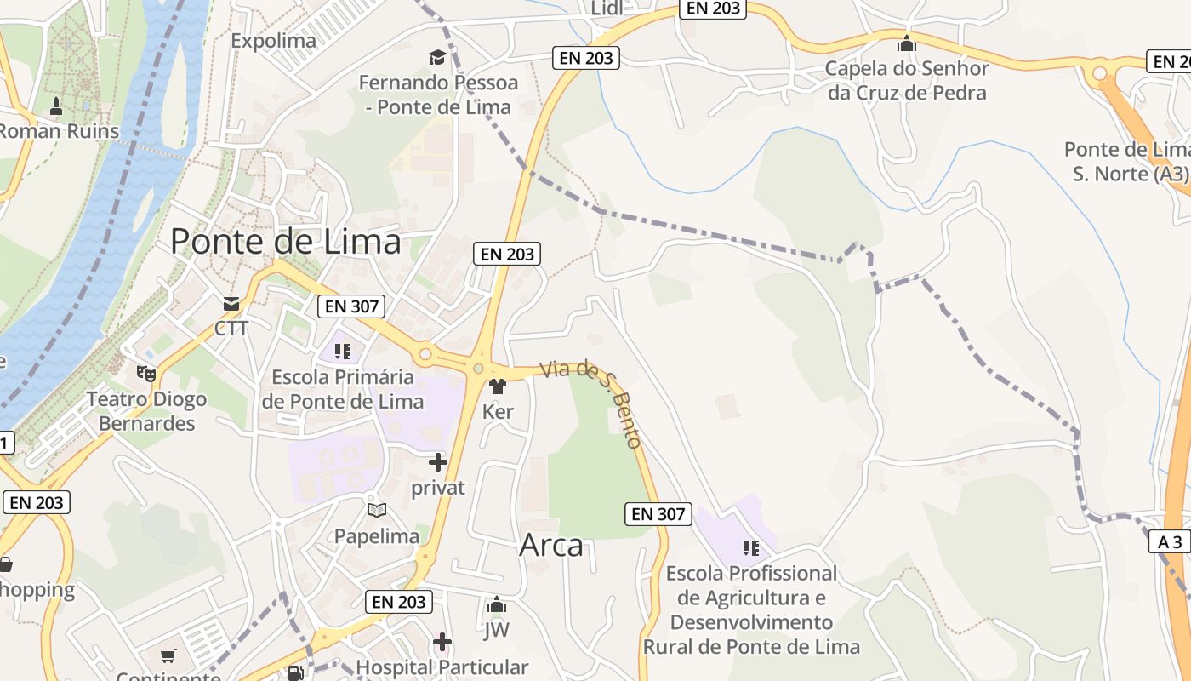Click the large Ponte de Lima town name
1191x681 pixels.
[286, 242]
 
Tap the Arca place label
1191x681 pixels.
[551, 546]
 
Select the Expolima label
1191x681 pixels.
[273, 40]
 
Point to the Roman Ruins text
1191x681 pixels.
[42, 131]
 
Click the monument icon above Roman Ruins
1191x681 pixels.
[56, 106]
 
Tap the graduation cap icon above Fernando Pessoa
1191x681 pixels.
[437, 58]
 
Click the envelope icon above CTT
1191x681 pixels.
[231, 304]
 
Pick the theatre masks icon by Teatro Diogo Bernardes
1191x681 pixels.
[146, 373]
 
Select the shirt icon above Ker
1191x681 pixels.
[498, 386]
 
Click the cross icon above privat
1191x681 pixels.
[438, 462]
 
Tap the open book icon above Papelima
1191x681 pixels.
[376, 510]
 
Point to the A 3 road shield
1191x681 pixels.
[1171, 541]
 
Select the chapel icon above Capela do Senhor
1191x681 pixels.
[907, 43]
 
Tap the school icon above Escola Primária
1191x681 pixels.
[343, 351]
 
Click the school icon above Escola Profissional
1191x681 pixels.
[750, 547]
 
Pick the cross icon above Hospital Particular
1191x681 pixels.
[442, 641]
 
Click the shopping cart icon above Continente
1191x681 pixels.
[168, 656]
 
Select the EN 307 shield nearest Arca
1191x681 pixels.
[658, 513]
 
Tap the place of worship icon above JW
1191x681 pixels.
[496, 606]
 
